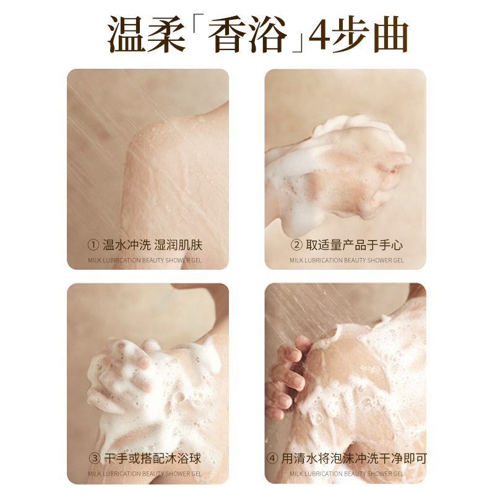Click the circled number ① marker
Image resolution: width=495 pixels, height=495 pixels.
[93, 245]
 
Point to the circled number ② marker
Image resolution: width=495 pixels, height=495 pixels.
[296, 245]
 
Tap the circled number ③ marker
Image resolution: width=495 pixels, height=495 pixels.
[95, 458]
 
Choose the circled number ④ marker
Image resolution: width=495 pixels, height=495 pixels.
[272, 458]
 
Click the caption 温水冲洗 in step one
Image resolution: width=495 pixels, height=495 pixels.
[126, 245]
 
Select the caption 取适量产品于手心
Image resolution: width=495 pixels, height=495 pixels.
[354, 245]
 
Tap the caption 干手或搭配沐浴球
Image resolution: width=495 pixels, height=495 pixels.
[152, 458]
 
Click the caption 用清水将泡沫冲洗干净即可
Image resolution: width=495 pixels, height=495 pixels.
[354, 458]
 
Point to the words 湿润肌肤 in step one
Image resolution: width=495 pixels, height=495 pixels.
[178, 245]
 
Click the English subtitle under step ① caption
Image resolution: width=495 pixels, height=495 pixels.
[145, 260]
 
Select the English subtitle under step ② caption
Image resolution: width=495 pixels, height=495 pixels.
[346, 260]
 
